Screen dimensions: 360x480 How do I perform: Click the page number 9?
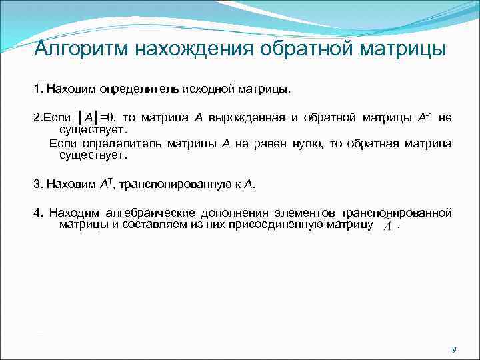[453, 349]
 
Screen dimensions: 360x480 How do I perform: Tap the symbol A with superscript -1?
[423, 117]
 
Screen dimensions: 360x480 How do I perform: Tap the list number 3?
[36, 183]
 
